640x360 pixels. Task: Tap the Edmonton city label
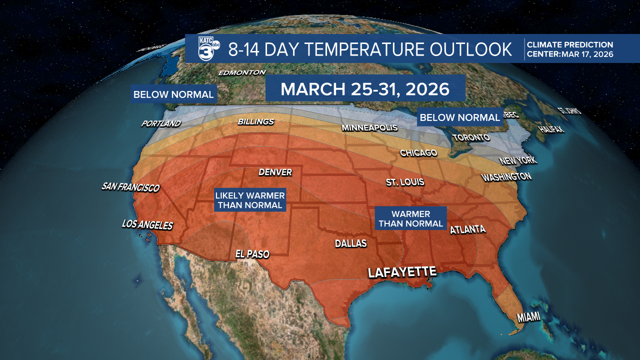click(242, 72)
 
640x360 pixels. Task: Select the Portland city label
click(161, 123)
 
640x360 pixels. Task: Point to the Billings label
click(255, 121)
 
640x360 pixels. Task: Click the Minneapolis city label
click(369, 128)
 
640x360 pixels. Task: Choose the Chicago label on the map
click(418, 152)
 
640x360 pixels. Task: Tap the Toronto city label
click(470, 137)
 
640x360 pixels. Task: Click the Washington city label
click(506, 177)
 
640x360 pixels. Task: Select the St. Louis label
click(405, 182)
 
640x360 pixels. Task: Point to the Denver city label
click(275, 172)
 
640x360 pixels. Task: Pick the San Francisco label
click(130, 187)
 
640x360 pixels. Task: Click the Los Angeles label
click(147, 225)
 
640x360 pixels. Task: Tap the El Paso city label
click(252, 254)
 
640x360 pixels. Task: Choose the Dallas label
click(350, 244)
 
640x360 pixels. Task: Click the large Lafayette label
click(402, 272)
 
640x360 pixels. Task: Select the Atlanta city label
click(467, 230)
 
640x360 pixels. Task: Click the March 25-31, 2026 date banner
click(365, 88)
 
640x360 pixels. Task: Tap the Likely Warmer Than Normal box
click(250, 200)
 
